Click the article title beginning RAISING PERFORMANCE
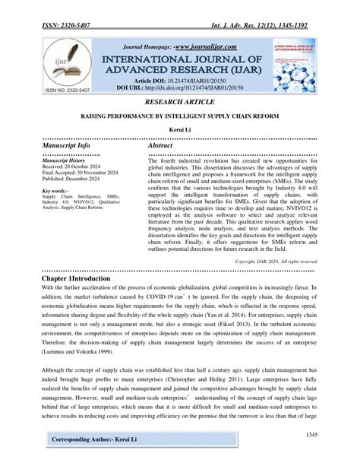tap(179, 115)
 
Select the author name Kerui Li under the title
tap(179, 131)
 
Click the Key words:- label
tap(57, 191)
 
